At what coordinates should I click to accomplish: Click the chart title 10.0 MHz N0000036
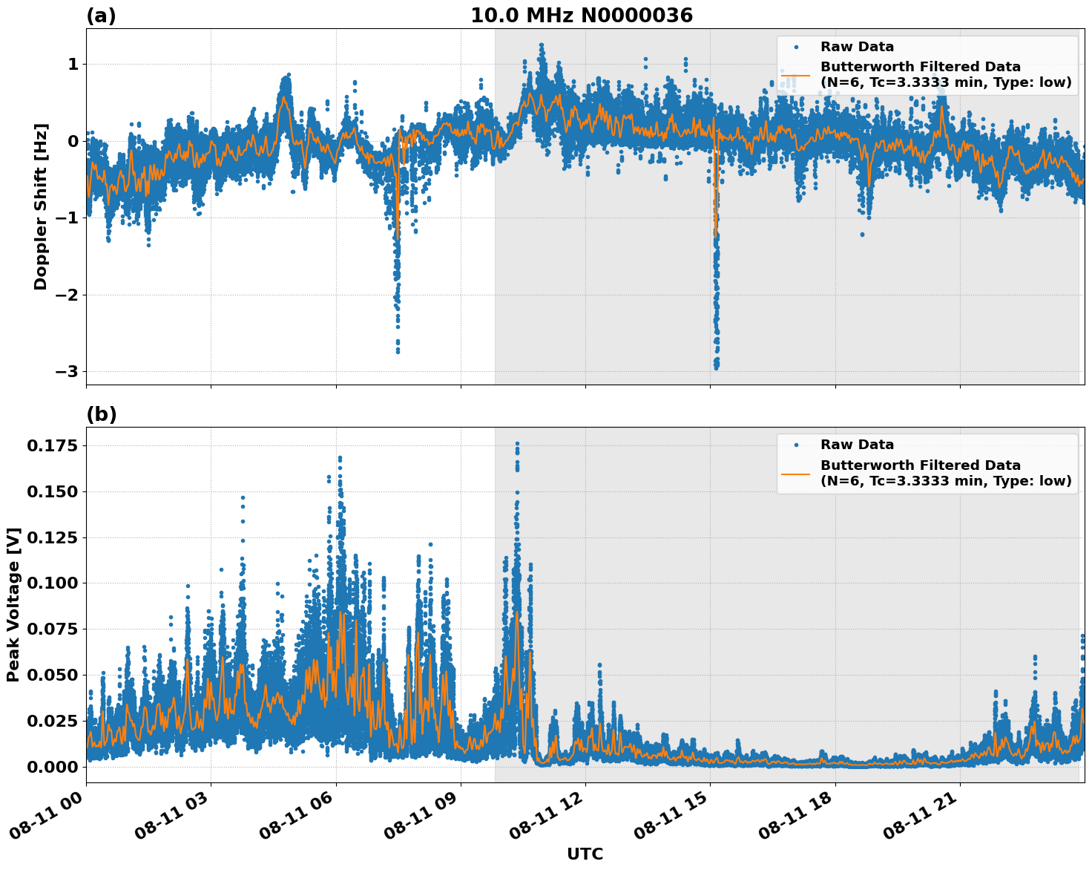[581, 16]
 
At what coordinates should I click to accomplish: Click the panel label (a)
[101, 16]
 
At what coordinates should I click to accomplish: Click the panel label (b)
[101, 414]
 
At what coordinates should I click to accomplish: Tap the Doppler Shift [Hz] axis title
[41, 206]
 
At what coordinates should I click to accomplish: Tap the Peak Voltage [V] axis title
[13, 604]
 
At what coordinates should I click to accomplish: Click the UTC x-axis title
[585, 854]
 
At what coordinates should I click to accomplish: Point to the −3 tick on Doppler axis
[68, 371]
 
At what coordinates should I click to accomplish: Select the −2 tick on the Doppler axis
[68, 295]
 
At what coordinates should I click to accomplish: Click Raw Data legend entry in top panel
[857, 47]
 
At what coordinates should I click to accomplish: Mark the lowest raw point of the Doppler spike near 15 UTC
[716, 367]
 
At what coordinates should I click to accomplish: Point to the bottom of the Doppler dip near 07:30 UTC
[398, 351]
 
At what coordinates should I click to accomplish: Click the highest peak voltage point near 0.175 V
[517, 444]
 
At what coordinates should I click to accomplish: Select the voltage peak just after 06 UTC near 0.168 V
[340, 458]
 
